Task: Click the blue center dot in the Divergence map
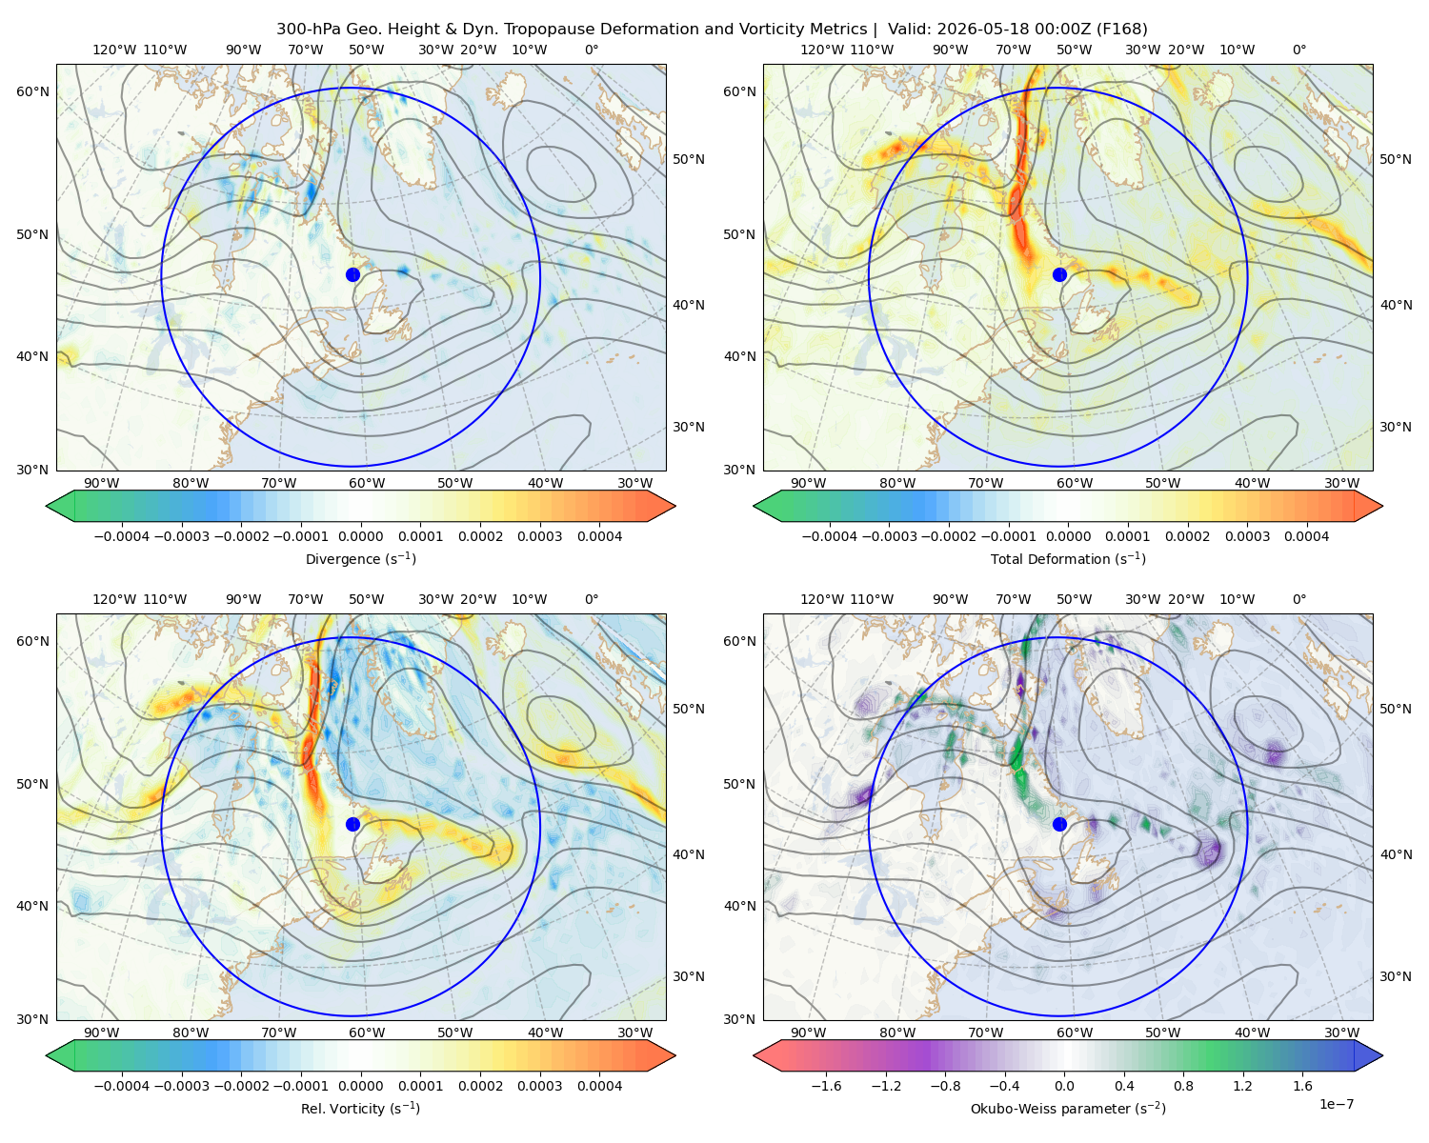click(352, 275)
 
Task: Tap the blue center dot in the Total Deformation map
click(1059, 275)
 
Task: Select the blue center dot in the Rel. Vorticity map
click(352, 824)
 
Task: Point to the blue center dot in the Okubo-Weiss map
click(1059, 824)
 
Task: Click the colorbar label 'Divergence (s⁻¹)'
click(360, 559)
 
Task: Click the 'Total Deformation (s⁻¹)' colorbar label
click(1068, 559)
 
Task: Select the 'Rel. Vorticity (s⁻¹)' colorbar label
click(360, 1109)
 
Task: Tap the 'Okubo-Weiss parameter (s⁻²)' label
click(1068, 1109)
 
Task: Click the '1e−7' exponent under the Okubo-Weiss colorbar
click(1336, 1105)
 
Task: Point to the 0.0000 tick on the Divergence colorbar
click(360, 536)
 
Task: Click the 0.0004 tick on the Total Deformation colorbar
click(1306, 536)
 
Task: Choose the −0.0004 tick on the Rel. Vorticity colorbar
click(122, 1086)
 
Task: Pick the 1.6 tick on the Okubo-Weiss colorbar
click(1303, 1086)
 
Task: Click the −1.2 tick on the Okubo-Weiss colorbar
click(886, 1086)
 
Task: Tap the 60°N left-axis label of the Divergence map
click(32, 91)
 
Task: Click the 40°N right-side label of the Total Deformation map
click(1396, 305)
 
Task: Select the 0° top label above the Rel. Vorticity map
click(592, 599)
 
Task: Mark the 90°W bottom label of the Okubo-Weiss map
click(808, 1033)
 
